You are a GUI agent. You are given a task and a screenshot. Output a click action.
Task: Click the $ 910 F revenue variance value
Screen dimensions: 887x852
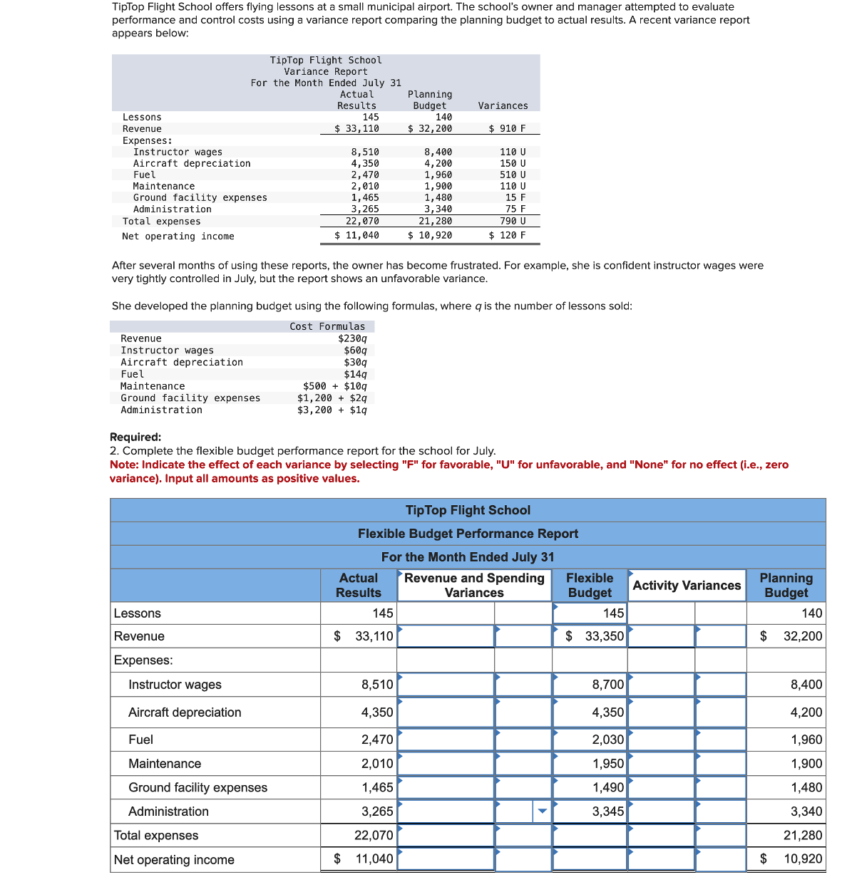(x=508, y=129)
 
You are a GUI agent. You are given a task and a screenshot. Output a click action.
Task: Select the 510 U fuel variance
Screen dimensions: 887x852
(x=513, y=175)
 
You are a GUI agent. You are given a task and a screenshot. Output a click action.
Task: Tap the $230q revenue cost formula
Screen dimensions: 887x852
(x=353, y=338)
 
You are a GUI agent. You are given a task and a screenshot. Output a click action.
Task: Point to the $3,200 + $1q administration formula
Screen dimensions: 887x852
(x=332, y=410)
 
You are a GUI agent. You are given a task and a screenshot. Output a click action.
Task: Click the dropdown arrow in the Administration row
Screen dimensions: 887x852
(x=542, y=811)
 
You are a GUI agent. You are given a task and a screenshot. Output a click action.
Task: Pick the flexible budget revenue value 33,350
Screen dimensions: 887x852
(x=604, y=636)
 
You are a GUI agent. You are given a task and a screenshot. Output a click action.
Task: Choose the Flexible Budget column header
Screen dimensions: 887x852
(x=590, y=585)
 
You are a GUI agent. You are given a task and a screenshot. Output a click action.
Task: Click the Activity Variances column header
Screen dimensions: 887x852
(x=687, y=585)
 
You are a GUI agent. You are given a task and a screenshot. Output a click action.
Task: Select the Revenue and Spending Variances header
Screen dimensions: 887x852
(x=474, y=585)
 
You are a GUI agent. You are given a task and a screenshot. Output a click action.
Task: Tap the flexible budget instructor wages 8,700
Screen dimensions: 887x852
(x=607, y=685)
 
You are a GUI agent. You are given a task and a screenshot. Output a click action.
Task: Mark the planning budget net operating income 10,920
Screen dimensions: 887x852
(x=803, y=859)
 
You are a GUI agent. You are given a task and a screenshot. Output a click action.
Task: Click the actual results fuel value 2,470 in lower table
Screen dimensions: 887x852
(x=377, y=740)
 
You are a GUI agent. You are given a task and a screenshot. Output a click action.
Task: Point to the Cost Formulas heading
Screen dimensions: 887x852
(x=327, y=326)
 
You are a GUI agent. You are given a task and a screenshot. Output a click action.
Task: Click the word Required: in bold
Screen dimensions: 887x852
(x=135, y=437)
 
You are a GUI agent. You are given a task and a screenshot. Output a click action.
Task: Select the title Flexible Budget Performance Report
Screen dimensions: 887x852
(x=468, y=534)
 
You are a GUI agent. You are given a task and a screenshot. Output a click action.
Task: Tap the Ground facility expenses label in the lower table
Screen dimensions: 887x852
(x=197, y=787)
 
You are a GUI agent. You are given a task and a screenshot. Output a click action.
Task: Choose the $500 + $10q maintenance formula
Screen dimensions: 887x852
(x=335, y=386)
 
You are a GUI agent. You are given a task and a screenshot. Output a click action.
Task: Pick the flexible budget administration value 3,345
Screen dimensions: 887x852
(x=607, y=811)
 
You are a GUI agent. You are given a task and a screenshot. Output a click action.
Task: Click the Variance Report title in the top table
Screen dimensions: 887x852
(x=326, y=71)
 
